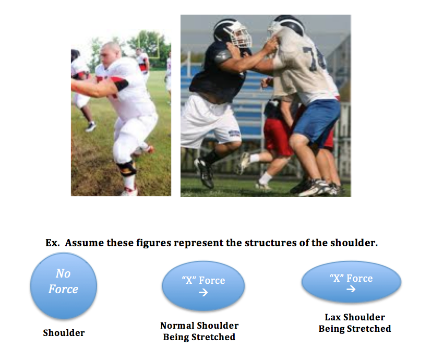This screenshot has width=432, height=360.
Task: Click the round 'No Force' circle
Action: point(64,285)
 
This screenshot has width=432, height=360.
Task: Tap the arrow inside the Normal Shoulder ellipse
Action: point(203,292)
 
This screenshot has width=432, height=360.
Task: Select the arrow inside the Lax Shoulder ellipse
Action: point(351,289)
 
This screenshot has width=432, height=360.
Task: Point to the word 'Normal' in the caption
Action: point(176,326)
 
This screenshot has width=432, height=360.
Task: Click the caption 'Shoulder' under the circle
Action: point(64,333)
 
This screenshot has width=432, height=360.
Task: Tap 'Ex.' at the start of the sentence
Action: point(52,243)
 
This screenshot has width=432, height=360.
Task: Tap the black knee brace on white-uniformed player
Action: point(127,168)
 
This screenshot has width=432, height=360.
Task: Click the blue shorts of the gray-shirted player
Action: point(317,122)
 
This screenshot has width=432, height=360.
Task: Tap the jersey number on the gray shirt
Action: point(314,59)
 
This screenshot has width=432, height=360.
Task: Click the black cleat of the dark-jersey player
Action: point(205,172)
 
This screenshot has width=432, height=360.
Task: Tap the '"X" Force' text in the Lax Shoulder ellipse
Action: point(351,278)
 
